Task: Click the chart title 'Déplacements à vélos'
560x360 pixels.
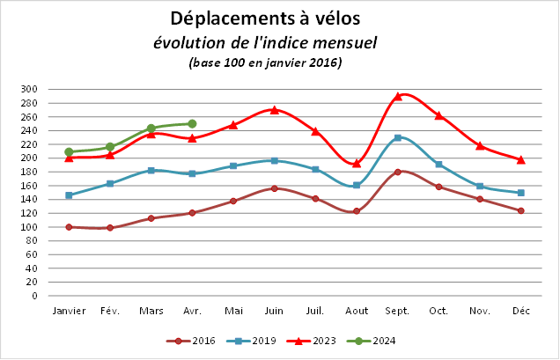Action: pyautogui.click(x=264, y=18)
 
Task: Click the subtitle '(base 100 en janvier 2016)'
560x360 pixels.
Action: pyautogui.click(x=265, y=62)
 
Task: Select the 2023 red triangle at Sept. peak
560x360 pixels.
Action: pyautogui.click(x=397, y=96)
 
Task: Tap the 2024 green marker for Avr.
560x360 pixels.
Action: pyautogui.click(x=192, y=123)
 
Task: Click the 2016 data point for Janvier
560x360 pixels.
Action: pyautogui.click(x=69, y=227)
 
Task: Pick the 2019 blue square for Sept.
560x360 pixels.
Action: pyautogui.click(x=397, y=137)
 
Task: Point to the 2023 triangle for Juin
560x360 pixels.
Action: pyautogui.click(x=274, y=110)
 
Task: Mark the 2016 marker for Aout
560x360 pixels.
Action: pyautogui.click(x=357, y=211)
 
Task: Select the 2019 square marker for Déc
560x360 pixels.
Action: pyautogui.click(x=520, y=193)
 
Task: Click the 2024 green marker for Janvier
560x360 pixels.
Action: pyautogui.click(x=69, y=151)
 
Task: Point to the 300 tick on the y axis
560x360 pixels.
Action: pyautogui.click(x=29, y=89)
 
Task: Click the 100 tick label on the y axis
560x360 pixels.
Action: pyautogui.click(x=29, y=227)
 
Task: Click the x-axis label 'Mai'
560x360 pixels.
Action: pyautogui.click(x=233, y=311)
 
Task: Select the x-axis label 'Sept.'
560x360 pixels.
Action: pyautogui.click(x=397, y=311)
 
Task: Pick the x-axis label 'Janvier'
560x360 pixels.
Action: pyautogui.click(x=69, y=311)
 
